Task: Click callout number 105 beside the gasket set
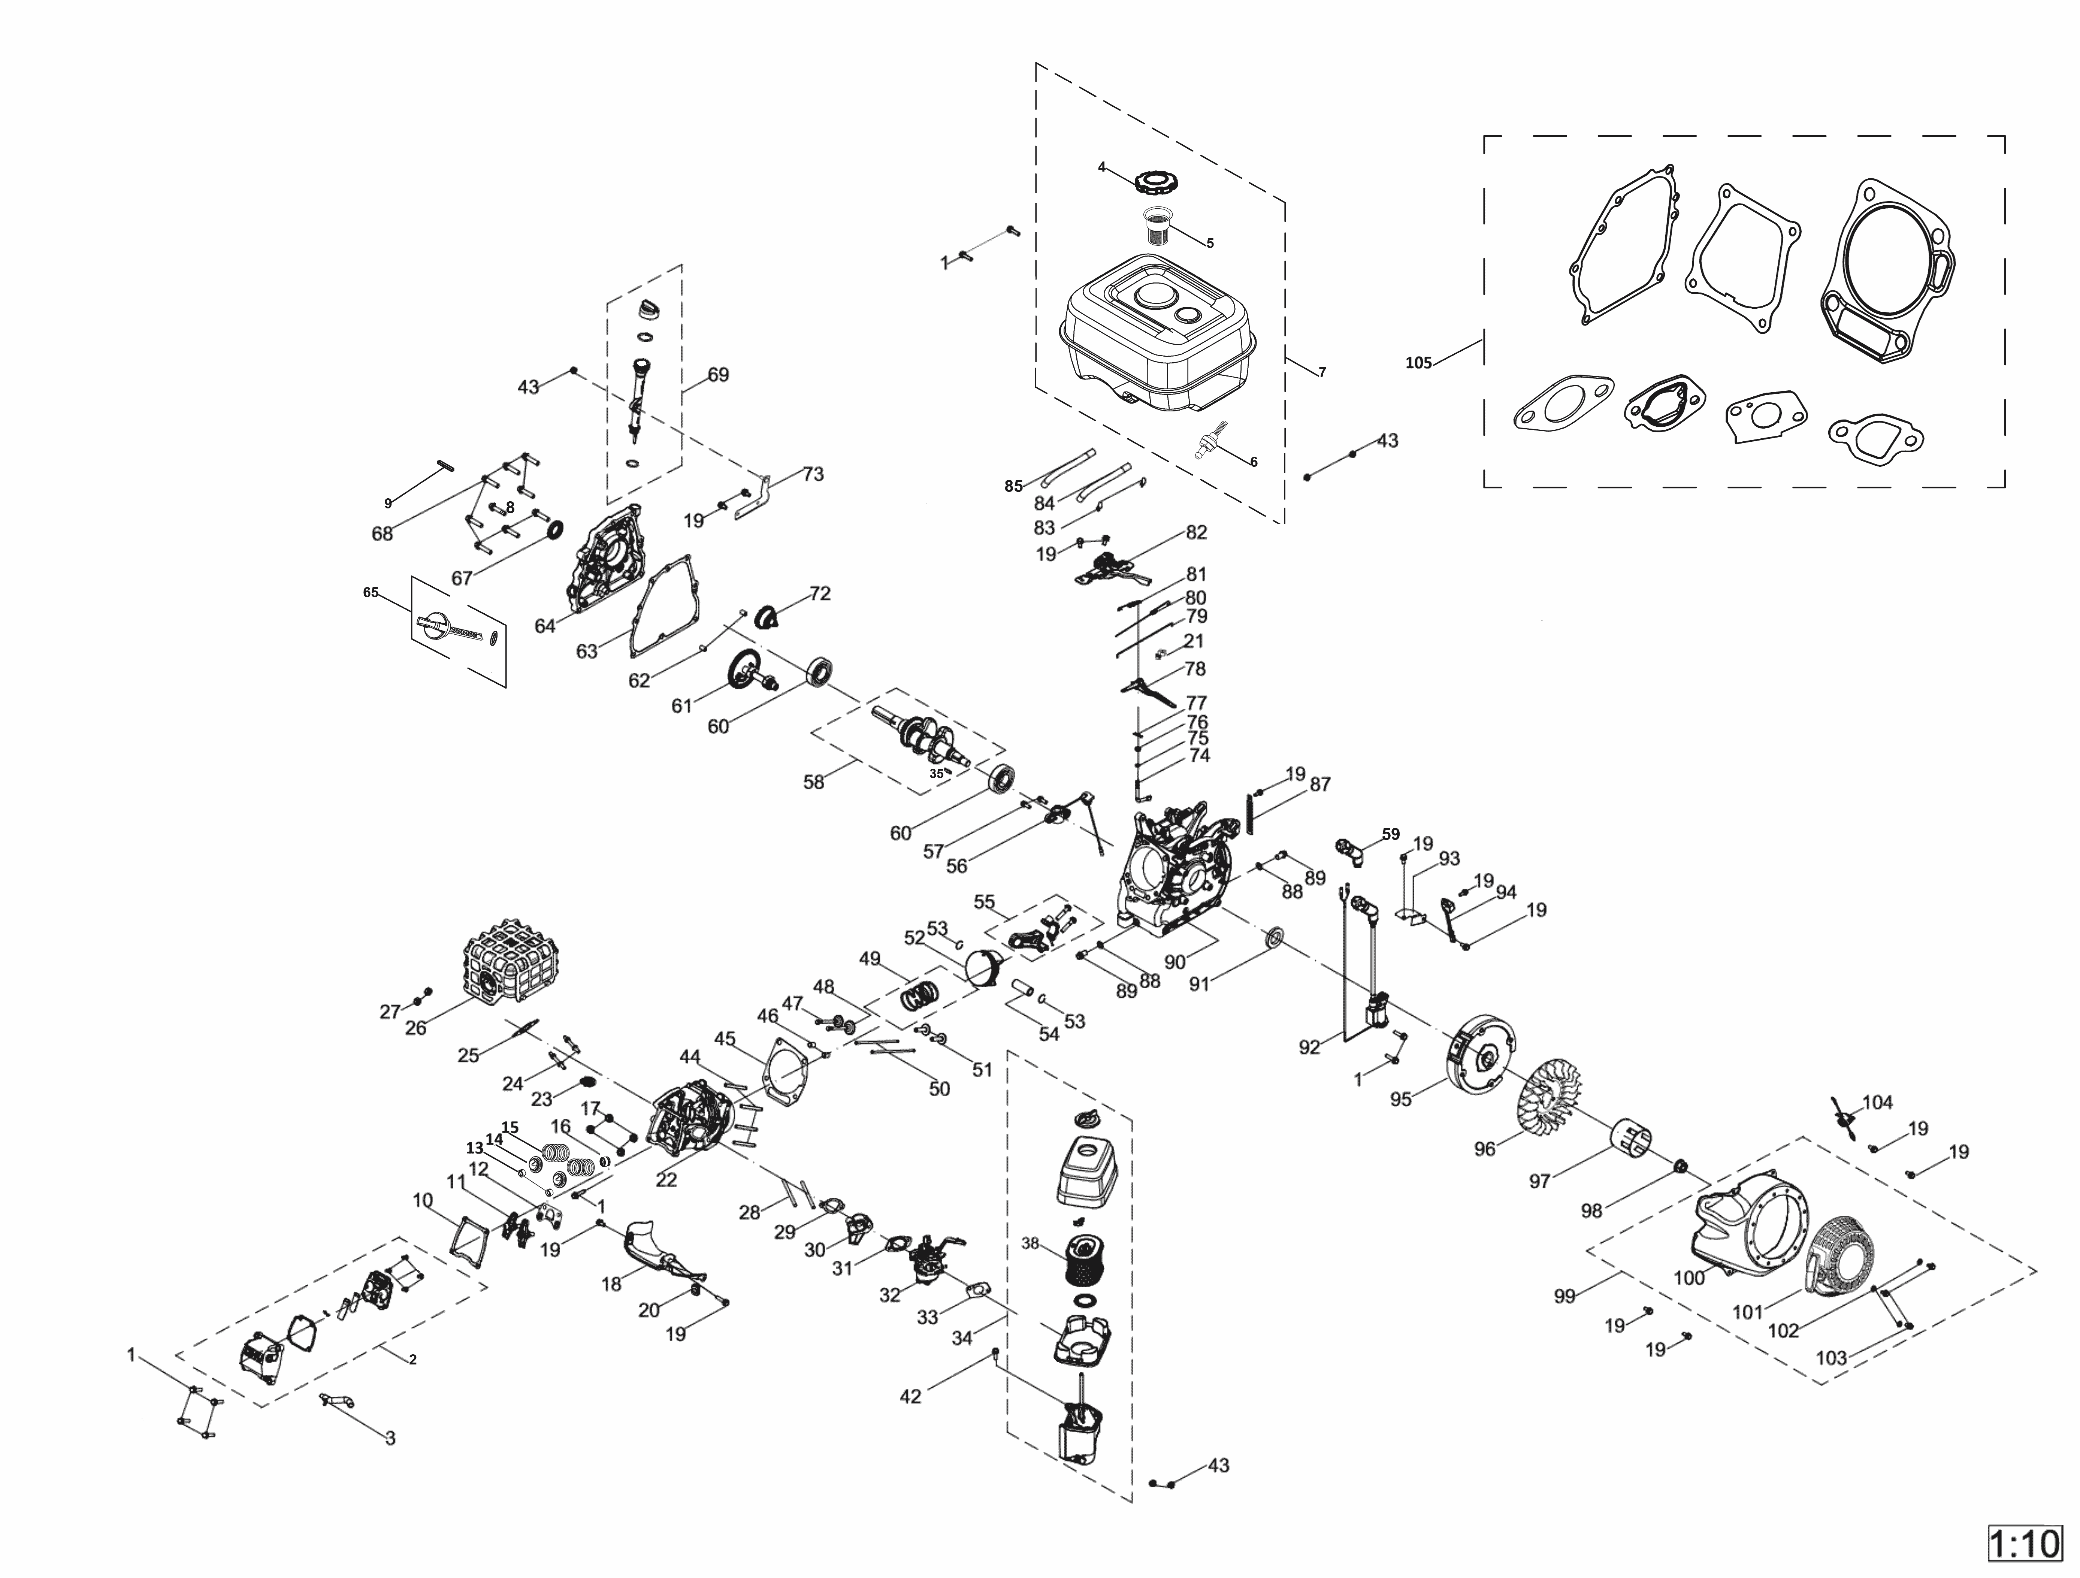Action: [1418, 362]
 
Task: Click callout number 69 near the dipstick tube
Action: [717, 374]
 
